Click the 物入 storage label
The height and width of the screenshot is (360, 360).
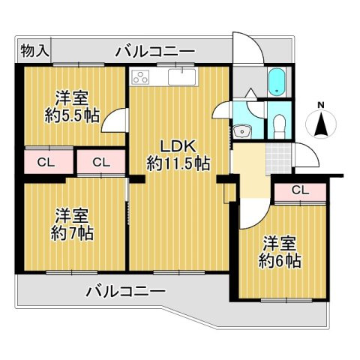point(35,51)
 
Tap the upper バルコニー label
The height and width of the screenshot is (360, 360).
point(155,52)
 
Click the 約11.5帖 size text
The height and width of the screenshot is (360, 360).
point(178,163)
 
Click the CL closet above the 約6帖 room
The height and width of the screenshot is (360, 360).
point(299,190)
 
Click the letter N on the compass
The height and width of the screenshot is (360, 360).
point(321,105)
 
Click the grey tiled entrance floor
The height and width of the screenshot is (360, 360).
point(276,157)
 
